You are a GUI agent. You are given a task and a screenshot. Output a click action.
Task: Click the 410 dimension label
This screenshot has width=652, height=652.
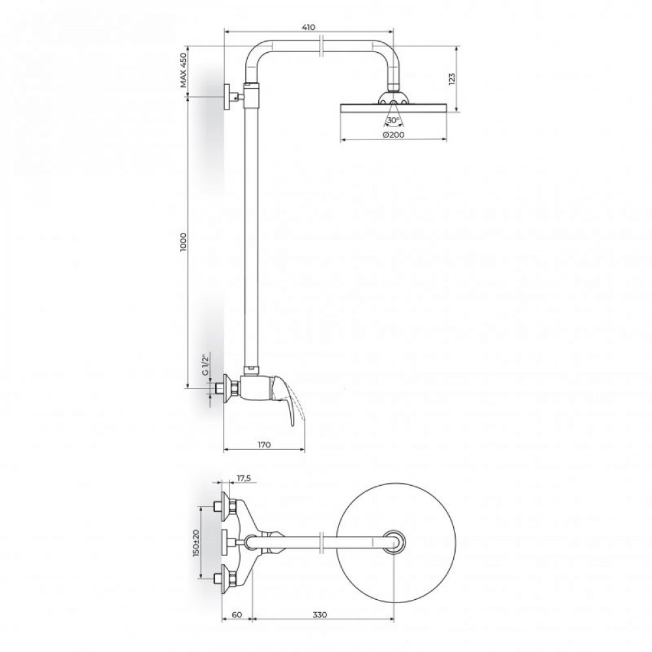pyautogui.click(x=308, y=27)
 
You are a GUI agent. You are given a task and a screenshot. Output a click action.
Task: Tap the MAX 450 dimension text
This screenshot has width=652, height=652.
pyautogui.click(x=183, y=70)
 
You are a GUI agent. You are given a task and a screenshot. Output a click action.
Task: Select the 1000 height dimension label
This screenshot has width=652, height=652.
pyautogui.click(x=183, y=242)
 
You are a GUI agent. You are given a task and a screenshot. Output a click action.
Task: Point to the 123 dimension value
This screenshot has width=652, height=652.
pyautogui.click(x=452, y=79)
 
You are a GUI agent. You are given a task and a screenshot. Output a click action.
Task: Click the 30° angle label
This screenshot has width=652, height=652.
pyautogui.click(x=393, y=121)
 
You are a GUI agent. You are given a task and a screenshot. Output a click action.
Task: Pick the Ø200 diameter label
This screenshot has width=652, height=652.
pyautogui.click(x=393, y=135)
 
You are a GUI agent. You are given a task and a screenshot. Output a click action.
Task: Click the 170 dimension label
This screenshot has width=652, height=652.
pyautogui.click(x=264, y=445)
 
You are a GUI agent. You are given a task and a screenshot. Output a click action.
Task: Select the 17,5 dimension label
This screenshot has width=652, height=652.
pyautogui.click(x=244, y=478)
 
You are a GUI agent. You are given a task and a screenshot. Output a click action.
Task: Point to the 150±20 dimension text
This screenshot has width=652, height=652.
pyautogui.click(x=197, y=542)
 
